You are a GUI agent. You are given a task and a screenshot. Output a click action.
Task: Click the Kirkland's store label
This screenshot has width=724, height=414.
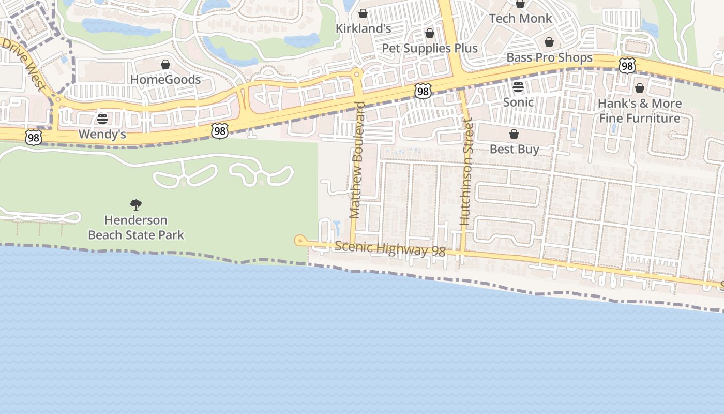pos(363,28)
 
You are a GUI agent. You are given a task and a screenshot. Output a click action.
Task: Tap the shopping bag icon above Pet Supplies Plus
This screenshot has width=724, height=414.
pos(430,34)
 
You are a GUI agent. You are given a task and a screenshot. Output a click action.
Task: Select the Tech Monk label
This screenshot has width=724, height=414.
pos(520,19)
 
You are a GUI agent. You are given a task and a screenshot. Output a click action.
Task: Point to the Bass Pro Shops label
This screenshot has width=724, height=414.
pos(549,57)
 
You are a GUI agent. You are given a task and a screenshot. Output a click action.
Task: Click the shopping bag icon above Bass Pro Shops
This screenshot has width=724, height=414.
pos(549,42)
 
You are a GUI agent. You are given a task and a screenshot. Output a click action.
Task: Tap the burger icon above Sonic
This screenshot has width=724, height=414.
pos(518,86)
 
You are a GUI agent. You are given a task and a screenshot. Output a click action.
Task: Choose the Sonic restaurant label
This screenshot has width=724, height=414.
pos(518,102)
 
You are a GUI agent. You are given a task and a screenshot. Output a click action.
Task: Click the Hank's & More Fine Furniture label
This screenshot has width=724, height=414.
pos(640,111)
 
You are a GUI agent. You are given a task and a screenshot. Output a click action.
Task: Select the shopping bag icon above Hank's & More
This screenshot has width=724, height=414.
pos(640,88)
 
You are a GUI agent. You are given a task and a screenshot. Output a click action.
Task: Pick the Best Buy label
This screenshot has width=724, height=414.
pos(514,150)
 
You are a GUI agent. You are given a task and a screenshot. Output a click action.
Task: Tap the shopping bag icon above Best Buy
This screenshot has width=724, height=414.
pos(514,135)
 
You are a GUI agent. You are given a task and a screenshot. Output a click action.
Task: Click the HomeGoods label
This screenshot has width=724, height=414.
pos(165,80)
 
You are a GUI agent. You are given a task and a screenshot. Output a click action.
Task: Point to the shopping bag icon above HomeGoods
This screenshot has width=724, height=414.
pos(165,65)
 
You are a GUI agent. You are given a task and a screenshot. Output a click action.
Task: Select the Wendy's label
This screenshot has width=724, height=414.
pos(102,135)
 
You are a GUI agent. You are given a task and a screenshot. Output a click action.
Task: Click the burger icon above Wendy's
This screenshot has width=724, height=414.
pos(102,120)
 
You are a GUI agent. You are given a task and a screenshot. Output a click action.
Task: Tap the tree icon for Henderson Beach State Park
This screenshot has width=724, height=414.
pos(136,205)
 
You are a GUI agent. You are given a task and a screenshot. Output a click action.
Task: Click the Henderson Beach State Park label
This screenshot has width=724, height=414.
pos(136,228)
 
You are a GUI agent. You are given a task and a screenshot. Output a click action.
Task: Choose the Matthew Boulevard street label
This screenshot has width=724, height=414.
pos(356,160)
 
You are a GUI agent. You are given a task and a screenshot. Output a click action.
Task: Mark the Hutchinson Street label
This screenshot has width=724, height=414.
pos(466,172)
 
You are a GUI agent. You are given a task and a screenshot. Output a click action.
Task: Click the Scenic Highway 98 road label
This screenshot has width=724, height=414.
pos(390,249)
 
